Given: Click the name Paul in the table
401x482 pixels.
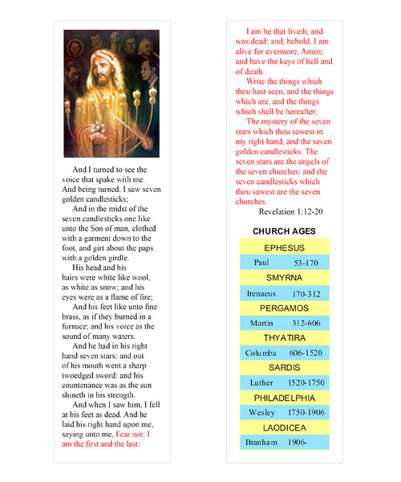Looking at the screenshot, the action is point(261,263).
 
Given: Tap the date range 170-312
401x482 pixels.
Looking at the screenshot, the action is point(306,293).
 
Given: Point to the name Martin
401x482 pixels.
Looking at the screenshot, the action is point(262,323).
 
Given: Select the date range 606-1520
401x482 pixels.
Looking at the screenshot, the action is point(306,353).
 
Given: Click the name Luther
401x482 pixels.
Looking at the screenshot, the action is point(262,383).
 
